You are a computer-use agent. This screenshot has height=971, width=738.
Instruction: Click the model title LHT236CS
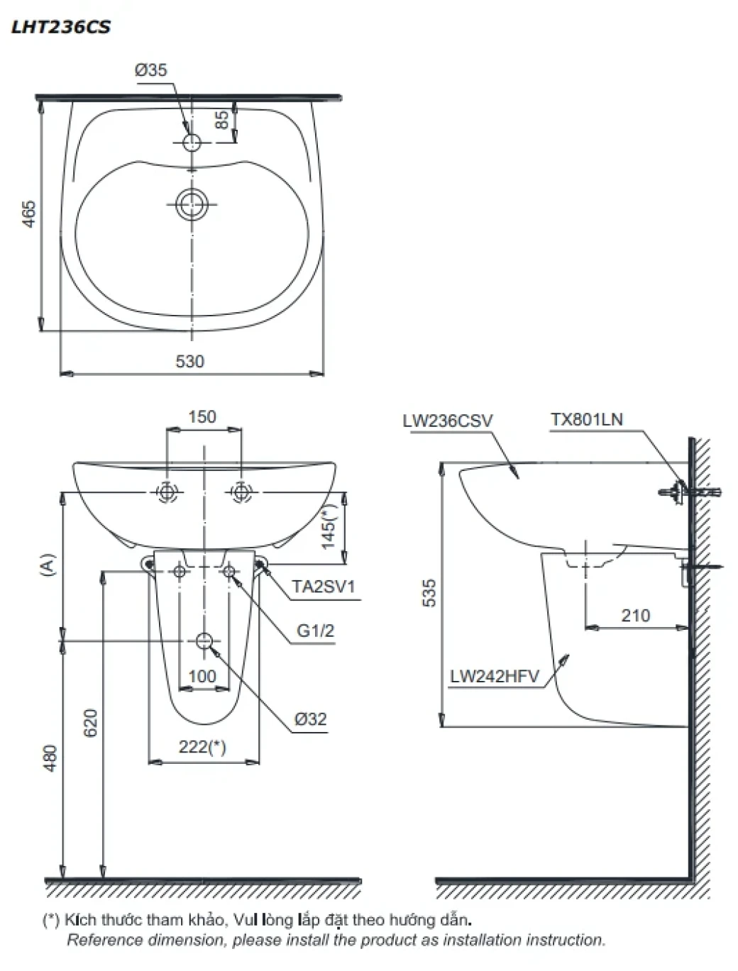click(x=60, y=28)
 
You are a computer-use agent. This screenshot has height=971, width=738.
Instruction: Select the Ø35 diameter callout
click(x=151, y=70)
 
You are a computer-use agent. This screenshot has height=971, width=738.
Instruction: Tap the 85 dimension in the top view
click(x=221, y=120)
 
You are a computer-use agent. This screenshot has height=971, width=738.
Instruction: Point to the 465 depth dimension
click(x=29, y=214)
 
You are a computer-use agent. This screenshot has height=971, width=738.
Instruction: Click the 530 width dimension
click(x=189, y=362)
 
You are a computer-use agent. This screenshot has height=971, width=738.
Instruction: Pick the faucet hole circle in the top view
click(x=192, y=143)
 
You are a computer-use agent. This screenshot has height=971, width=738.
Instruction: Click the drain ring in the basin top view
click(x=192, y=204)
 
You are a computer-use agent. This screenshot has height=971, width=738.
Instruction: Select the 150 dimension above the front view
click(x=202, y=417)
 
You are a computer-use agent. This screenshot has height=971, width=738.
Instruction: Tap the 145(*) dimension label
click(x=329, y=526)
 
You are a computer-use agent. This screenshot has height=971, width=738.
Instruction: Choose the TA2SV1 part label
click(x=324, y=587)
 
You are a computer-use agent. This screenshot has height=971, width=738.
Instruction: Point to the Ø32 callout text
click(x=311, y=718)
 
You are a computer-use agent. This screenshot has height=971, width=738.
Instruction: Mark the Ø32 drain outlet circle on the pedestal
click(x=204, y=640)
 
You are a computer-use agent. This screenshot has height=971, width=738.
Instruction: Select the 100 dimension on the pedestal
click(x=202, y=677)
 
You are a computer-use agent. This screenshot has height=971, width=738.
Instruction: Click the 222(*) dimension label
click(x=203, y=747)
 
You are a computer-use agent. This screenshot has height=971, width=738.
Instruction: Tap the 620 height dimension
click(x=90, y=723)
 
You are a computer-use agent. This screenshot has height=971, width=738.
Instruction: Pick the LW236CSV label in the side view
click(x=447, y=421)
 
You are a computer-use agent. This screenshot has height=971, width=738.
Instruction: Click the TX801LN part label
click(x=587, y=419)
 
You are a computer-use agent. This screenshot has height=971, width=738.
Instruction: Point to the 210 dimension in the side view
click(x=635, y=616)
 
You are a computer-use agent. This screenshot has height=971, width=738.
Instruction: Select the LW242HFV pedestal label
click(x=494, y=677)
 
